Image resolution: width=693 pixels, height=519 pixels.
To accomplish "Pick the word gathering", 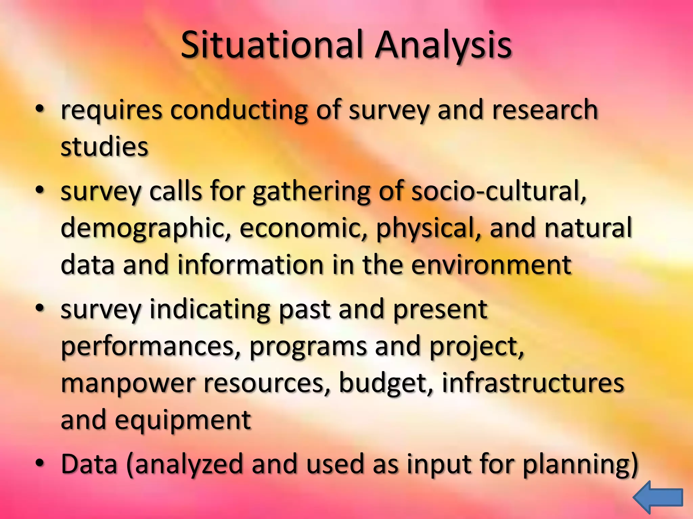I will click(311, 191).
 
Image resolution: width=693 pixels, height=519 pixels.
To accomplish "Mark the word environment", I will click(491, 265).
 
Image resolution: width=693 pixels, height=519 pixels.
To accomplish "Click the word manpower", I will click(128, 383).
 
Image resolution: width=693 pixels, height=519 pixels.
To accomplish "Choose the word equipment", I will click(183, 420).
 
